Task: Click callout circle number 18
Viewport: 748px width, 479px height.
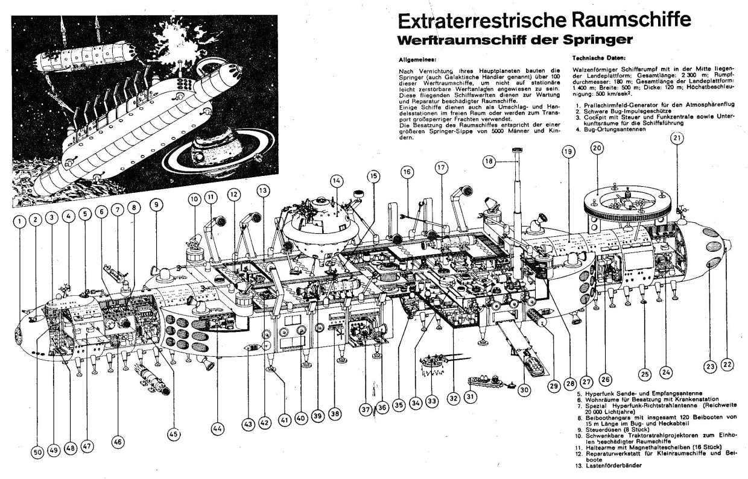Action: click(x=488, y=161)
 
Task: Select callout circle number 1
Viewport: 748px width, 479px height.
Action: click(x=21, y=221)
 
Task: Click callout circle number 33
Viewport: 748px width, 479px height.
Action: click(x=431, y=399)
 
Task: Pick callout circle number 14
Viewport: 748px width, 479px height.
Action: click(x=337, y=180)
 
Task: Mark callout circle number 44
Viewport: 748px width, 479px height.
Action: click(x=217, y=428)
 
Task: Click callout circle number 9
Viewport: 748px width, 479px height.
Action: click(x=156, y=204)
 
